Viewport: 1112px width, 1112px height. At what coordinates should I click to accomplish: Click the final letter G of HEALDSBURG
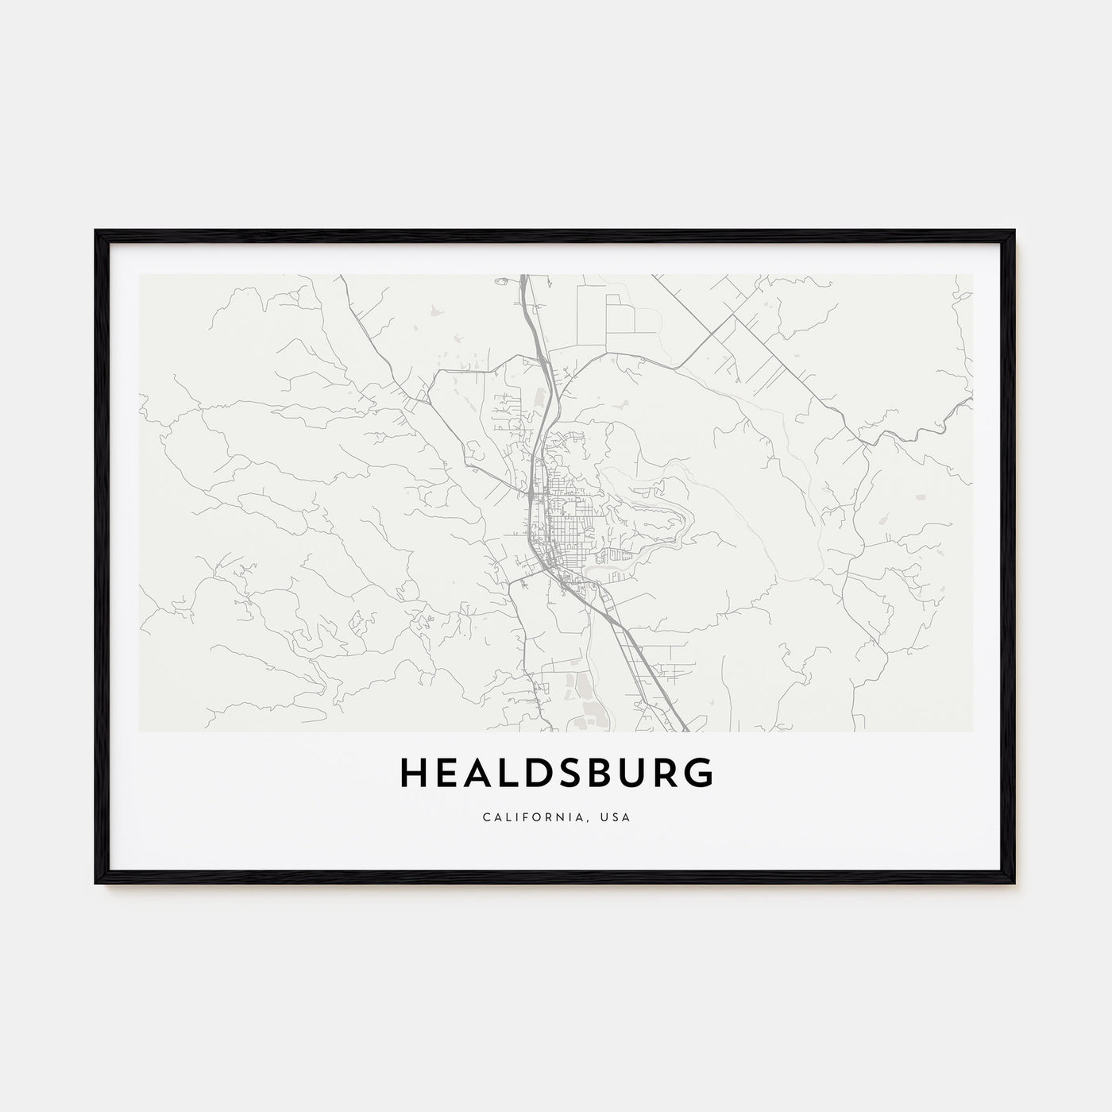[700, 773]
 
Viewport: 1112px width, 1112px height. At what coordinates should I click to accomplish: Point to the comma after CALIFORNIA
[598, 820]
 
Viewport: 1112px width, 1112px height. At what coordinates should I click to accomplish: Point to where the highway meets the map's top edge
[523, 276]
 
